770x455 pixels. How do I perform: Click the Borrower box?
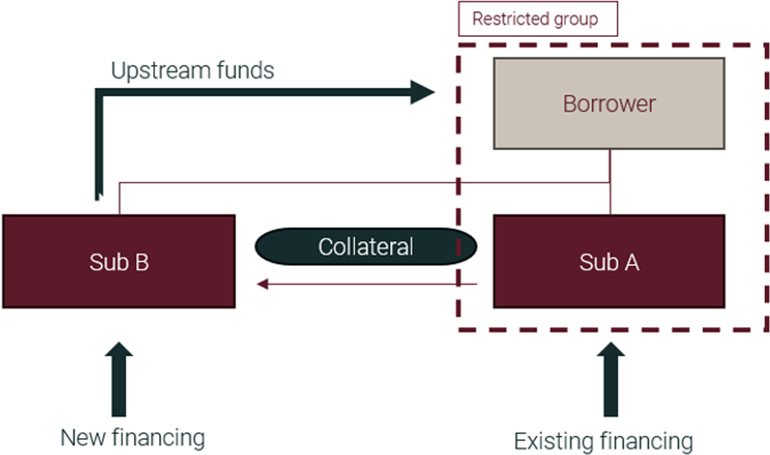pyautogui.click(x=608, y=103)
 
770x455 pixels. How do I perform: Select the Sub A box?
pyautogui.click(x=608, y=261)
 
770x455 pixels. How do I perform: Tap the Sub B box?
pyautogui.click(x=118, y=261)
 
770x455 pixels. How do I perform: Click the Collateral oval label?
pyautogui.click(x=365, y=246)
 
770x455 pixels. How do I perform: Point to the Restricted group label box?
pyautogui.click(x=538, y=19)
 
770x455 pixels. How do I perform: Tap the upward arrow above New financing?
pyautogui.click(x=119, y=379)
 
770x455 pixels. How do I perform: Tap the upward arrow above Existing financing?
pyautogui.click(x=610, y=379)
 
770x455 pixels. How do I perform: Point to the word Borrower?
pyautogui.click(x=608, y=103)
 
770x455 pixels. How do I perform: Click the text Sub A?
pyautogui.click(x=608, y=263)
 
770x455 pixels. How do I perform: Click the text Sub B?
pyautogui.click(x=118, y=263)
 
